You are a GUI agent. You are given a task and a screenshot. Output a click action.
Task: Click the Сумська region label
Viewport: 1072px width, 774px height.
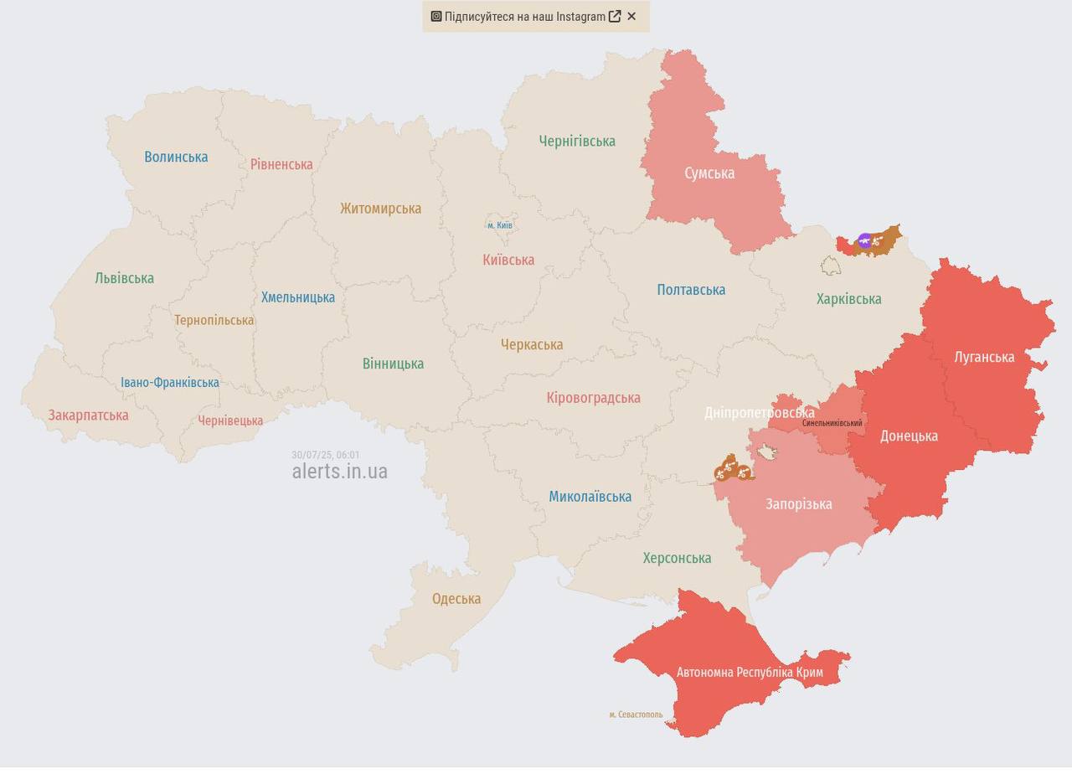pyautogui.click(x=709, y=173)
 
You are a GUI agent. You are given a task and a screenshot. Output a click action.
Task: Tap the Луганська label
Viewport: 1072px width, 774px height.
pyautogui.click(x=984, y=357)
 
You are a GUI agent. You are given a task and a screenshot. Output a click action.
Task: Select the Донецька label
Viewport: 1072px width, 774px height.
pyautogui.click(x=909, y=436)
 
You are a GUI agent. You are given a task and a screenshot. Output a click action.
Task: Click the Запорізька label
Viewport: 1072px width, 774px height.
pyautogui.click(x=798, y=504)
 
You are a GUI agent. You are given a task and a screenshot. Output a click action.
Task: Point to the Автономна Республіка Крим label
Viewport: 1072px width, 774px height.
pyautogui.click(x=750, y=673)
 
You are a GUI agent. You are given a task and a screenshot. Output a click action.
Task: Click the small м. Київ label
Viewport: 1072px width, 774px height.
pyautogui.click(x=500, y=225)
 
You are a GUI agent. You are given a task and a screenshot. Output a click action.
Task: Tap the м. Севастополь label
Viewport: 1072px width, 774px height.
pyautogui.click(x=636, y=715)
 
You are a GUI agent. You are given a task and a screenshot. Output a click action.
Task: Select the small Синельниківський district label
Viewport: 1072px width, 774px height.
pyautogui.click(x=832, y=423)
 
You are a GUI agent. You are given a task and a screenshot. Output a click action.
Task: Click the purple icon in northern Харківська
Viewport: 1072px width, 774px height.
pyautogui.click(x=865, y=241)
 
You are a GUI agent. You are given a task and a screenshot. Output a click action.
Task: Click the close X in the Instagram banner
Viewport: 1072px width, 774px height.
pyautogui.click(x=631, y=16)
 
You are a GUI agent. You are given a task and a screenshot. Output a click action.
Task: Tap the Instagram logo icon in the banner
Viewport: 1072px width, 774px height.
pyautogui.click(x=436, y=16)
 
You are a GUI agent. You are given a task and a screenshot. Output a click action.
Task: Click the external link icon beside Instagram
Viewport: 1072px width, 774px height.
pyautogui.click(x=615, y=16)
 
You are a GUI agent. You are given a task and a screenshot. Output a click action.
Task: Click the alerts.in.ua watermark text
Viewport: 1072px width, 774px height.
pyautogui.click(x=339, y=472)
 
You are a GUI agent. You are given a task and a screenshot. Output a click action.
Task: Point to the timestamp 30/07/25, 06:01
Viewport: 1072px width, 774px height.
pyautogui.click(x=325, y=455)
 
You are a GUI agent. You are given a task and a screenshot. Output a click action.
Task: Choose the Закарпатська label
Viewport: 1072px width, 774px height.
pyautogui.click(x=88, y=415)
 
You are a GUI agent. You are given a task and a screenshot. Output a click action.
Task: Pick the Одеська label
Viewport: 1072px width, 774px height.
pyautogui.click(x=456, y=599)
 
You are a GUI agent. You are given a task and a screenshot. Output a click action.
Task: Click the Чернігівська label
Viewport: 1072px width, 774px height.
pyautogui.click(x=577, y=142)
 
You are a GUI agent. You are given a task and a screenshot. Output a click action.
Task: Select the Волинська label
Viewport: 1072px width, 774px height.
pyautogui.click(x=176, y=157)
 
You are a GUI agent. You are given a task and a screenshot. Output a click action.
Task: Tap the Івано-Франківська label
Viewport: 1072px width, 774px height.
pyautogui.click(x=170, y=383)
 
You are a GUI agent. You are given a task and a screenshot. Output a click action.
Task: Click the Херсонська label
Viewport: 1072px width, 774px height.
pyautogui.click(x=677, y=558)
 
